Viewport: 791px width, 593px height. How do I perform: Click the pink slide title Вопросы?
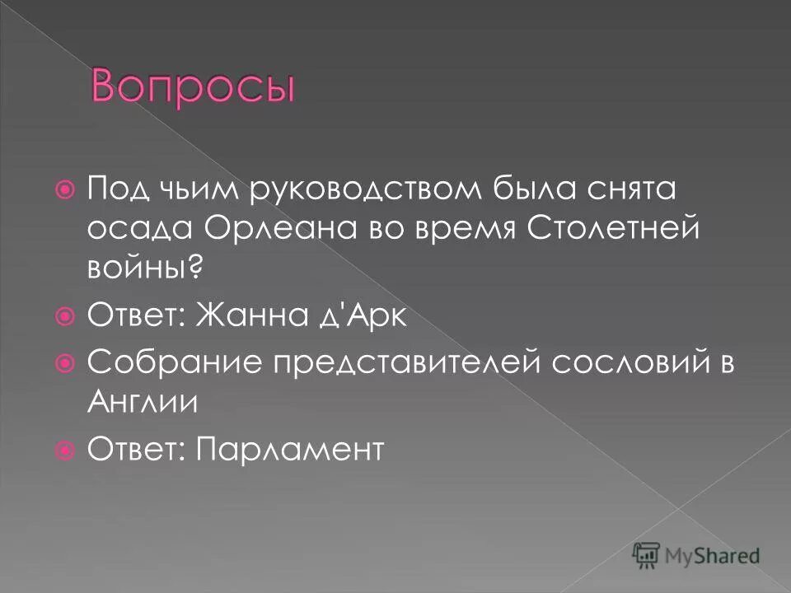[x=192, y=85]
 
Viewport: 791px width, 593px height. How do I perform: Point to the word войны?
[x=137, y=266]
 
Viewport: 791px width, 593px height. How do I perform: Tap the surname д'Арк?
[x=360, y=315]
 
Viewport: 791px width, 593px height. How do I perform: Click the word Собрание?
[x=163, y=363]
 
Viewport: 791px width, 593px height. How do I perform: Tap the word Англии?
[x=142, y=401]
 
